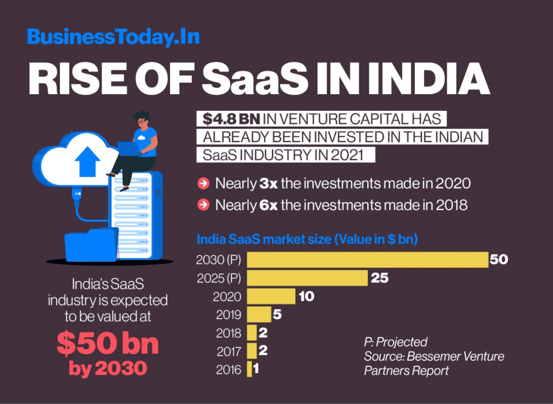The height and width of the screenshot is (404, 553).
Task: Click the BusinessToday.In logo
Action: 113,37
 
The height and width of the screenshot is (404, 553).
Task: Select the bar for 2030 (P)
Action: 367,260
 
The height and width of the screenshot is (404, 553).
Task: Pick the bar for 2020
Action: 271,296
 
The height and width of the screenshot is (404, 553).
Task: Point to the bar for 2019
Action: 259,315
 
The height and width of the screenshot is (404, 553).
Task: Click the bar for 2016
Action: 249,369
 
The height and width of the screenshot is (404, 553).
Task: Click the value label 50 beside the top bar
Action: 499,260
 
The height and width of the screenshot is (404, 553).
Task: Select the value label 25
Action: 380,278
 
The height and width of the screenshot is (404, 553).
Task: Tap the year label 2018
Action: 229,333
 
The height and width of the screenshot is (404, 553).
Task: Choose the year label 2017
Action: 229,352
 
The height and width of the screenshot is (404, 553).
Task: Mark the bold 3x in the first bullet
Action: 268,184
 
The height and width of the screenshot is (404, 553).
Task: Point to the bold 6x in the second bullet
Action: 268,206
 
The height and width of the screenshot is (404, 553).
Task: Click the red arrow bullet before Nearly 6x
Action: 204,206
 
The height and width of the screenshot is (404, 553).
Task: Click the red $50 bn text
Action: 108,343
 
